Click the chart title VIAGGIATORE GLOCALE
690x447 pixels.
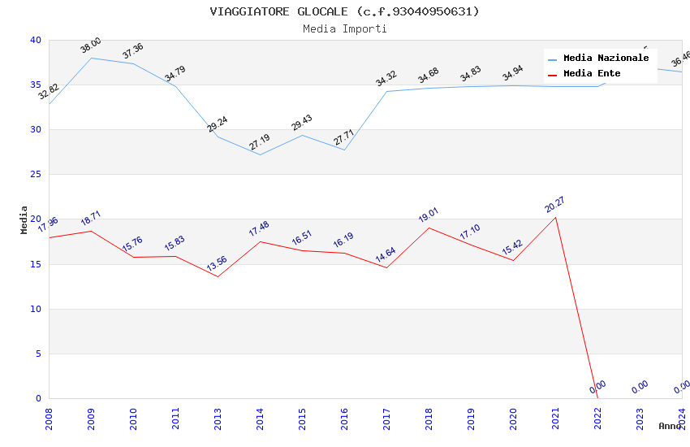pyautogui.click(x=344, y=11)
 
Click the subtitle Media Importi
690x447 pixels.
pyautogui.click(x=344, y=28)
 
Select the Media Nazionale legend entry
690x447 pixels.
pyautogui.click(x=606, y=58)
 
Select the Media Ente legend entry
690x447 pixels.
pyautogui.click(x=592, y=73)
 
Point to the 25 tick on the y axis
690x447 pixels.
pyautogui.click(x=35, y=175)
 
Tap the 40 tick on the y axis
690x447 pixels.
pyautogui.click(x=35, y=40)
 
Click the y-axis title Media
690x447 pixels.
pyautogui.click(x=24, y=219)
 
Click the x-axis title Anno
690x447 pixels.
pyautogui.click(x=670, y=426)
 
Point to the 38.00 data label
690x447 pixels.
pyautogui.click(x=90, y=46)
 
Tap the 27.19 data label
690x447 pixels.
pyautogui.click(x=260, y=142)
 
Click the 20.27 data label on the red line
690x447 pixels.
pyautogui.click(x=555, y=205)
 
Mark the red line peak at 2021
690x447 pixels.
pyautogui.click(x=555, y=217)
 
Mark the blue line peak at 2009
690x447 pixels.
pyautogui.click(x=91, y=58)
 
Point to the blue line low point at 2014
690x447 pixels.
pyautogui.click(x=260, y=154)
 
